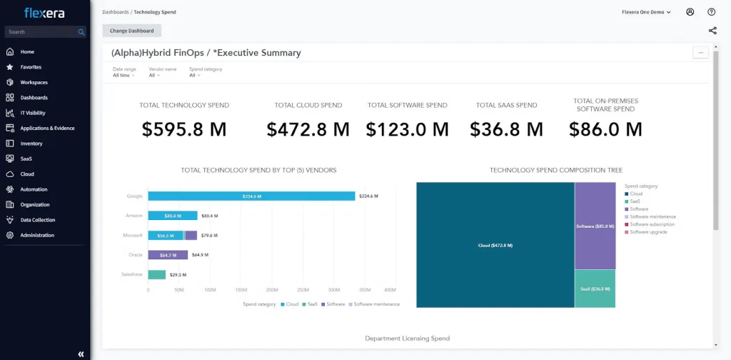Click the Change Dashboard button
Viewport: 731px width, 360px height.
point(132,31)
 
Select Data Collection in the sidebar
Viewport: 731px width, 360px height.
point(37,220)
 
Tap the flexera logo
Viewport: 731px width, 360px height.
point(44,12)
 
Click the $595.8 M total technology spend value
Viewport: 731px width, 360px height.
point(184,129)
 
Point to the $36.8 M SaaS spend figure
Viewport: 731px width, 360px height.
point(506,129)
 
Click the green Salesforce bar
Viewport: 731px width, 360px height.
point(157,274)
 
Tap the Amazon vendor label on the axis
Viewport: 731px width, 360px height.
point(134,216)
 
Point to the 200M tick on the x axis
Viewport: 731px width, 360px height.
point(272,290)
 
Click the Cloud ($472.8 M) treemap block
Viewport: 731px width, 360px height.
point(495,245)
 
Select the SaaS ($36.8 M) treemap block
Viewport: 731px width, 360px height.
point(595,289)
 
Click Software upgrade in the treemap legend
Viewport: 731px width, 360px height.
point(648,232)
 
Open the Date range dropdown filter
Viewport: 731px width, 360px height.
point(122,75)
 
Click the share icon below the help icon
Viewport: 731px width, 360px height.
point(712,31)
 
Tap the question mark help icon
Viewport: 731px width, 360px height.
point(711,12)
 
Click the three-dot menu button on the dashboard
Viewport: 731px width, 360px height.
point(700,52)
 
